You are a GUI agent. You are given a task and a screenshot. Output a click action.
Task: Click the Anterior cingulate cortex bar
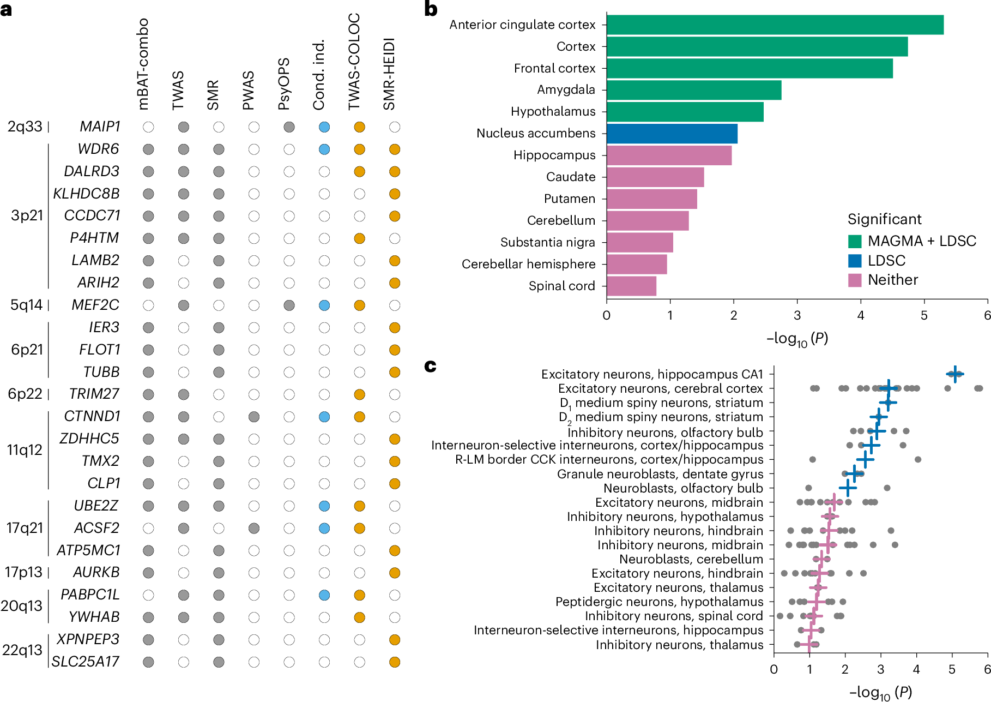pos(775,25)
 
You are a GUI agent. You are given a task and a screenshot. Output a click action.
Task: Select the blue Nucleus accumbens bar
pos(672,134)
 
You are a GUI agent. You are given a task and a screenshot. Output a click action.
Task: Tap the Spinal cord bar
pos(631,286)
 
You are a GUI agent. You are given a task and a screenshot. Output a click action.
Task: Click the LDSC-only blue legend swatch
pos(855,261)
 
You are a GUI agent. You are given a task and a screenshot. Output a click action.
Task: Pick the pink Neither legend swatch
pos(855,280)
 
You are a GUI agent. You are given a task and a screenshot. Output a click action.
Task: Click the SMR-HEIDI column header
pos(389,74)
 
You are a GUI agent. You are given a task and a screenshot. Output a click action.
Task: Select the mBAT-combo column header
pos(143,64)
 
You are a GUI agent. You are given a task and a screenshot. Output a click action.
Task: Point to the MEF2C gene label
pos(95,305)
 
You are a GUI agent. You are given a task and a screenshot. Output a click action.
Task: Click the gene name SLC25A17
pos(86,662)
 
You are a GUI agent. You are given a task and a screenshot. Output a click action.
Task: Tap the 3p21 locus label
pos(27,215)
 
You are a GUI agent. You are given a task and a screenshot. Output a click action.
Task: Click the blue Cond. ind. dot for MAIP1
pos(324,127)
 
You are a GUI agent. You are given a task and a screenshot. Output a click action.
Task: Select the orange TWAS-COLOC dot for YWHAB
pos(359,617)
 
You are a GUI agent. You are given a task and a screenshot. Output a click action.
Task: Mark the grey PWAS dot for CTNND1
pos(254,417)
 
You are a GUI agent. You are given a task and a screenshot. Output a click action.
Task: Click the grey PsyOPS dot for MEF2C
pos(289,305)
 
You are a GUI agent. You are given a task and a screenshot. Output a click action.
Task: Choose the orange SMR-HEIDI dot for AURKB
pos(395,573)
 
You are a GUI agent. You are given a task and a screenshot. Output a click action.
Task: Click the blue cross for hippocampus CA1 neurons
pos(954,374)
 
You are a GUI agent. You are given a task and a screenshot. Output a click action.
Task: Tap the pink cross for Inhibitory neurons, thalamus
pos(808,645)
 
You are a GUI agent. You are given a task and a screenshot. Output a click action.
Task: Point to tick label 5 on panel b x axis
pos(924,316)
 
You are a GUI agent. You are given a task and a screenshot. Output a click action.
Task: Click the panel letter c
pos(431,365)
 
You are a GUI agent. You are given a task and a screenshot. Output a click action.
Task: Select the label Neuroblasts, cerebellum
pos(691,559)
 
